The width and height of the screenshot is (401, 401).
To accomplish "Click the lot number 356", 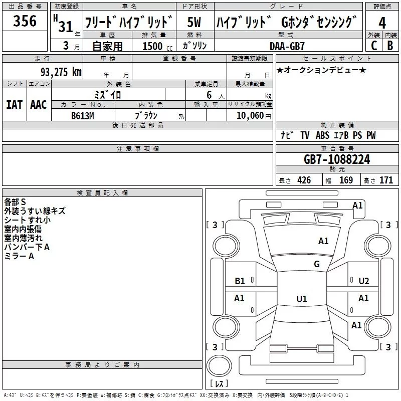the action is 25,21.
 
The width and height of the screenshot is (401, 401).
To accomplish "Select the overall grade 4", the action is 382,23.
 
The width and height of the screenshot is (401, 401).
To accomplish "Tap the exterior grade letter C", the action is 374,46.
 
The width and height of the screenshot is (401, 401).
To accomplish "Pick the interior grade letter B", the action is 390,46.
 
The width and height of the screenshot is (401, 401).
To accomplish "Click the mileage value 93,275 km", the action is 61,72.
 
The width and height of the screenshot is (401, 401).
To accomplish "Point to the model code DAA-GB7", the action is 287,46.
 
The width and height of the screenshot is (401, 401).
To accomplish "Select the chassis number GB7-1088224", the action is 337,159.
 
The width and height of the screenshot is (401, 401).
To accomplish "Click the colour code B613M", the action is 83,116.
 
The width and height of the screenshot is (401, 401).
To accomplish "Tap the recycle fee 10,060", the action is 250,116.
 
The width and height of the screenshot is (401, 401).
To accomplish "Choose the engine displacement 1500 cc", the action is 157,46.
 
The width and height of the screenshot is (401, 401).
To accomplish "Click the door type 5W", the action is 194,22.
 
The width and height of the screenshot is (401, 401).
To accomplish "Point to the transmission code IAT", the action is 15,105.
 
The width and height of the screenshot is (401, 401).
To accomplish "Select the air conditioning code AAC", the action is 39,105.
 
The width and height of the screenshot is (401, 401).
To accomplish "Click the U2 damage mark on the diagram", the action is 364,281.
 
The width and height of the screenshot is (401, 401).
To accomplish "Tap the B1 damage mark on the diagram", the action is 240,281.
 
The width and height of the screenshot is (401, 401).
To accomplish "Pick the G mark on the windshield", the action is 317,264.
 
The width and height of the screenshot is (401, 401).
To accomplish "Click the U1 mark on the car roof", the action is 302,299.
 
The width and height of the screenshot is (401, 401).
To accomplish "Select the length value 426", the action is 304,180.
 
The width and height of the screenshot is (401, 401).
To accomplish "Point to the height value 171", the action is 386,180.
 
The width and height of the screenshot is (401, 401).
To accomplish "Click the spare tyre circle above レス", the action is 219,365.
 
